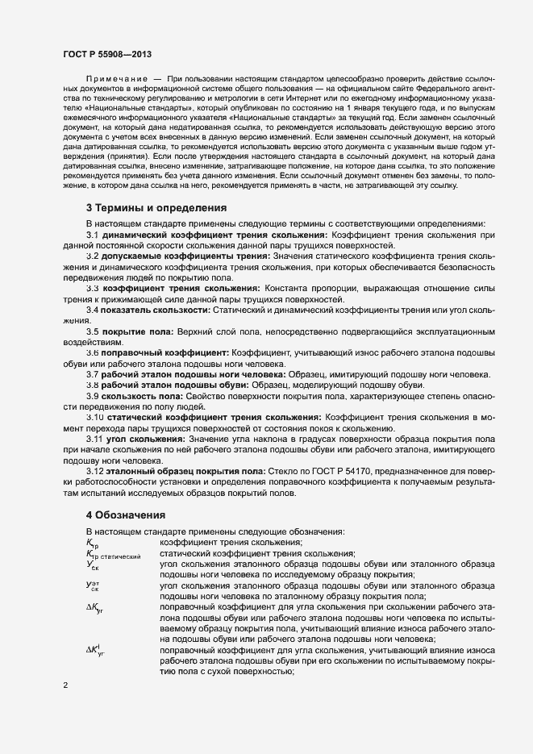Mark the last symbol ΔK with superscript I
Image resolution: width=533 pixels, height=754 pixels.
(x=94, y=651)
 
